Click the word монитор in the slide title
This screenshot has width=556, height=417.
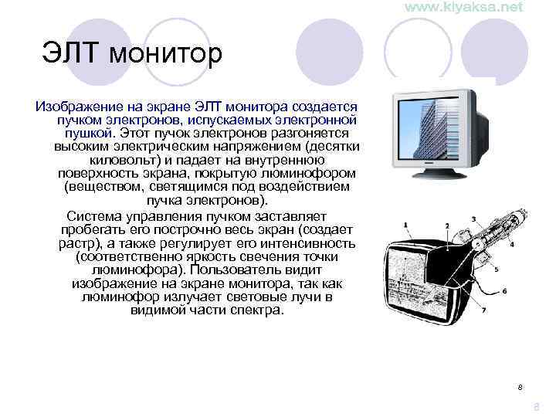coord(166,55)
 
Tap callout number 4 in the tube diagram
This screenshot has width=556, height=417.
coord(512,243)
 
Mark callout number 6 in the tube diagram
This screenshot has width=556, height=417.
coord(504,291)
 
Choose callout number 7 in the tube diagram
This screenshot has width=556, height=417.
coord(483,310)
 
